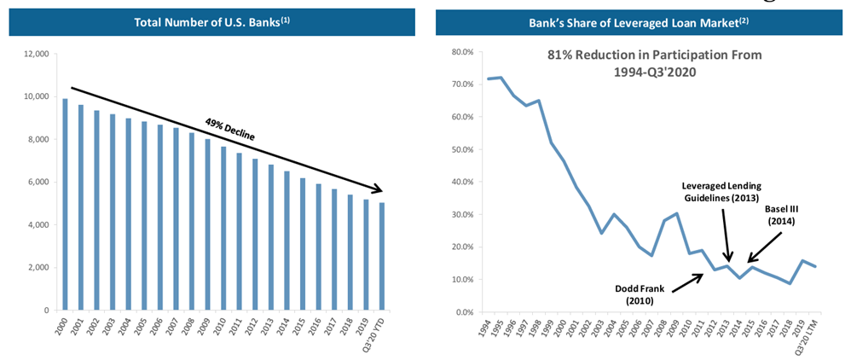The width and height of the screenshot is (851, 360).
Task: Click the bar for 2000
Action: (x=66, y=205)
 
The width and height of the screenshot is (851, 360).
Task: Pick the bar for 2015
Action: (x=304, y=244)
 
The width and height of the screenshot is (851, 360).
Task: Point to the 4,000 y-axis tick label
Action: (x=38, y=225)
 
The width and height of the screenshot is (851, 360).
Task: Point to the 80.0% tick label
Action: (x=461, y=52)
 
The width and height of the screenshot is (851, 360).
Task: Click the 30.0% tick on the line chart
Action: (x=461, y=215)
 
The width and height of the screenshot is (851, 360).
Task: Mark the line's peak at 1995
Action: (x=501, y=78)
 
